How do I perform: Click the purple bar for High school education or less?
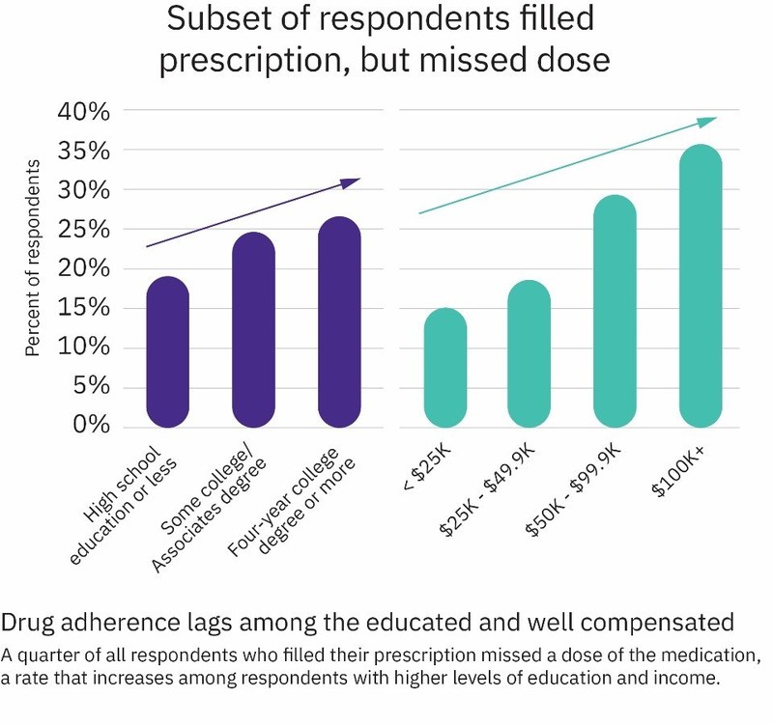point(167,352)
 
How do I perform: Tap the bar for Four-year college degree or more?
point(338,322)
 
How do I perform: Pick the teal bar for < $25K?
point(445,368)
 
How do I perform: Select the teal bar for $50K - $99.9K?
point(615,311)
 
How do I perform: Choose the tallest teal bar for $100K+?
point(701,286)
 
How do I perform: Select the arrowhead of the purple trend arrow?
point(355,181)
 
